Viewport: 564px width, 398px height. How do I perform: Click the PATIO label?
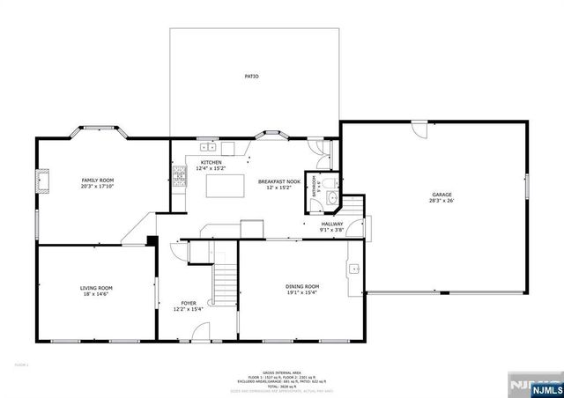tap(252, 77)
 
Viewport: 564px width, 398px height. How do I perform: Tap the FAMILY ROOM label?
tap(98, 179)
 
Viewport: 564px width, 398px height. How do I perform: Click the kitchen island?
tap(224, 186)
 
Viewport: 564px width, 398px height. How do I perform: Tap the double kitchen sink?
tap(207, 146)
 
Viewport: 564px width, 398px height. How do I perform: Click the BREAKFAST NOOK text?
tap(279, 181)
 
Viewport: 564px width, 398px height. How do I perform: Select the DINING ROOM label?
tap(301, 287)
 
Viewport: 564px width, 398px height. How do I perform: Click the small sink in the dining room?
tap(354, 268)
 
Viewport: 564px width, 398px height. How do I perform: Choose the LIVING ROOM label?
tap(96, 288)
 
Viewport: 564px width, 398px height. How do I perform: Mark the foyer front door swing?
tap(201, 334)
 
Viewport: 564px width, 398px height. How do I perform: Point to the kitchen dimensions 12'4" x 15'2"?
tap(211, 168)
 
